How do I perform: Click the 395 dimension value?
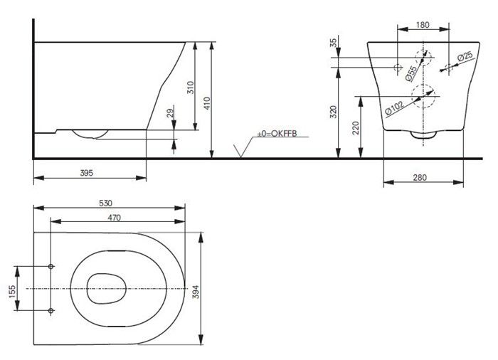point(86,173)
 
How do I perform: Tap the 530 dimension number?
point(106,203)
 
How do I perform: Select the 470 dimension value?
point(115,218)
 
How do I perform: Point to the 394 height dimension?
point(196,292)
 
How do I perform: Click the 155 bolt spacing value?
point(12,291)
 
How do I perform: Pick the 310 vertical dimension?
point(190,87)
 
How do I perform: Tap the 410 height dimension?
point(207,103)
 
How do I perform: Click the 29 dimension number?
point(171,113)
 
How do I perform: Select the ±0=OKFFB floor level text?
point(277,134)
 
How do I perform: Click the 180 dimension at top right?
point(423,24)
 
